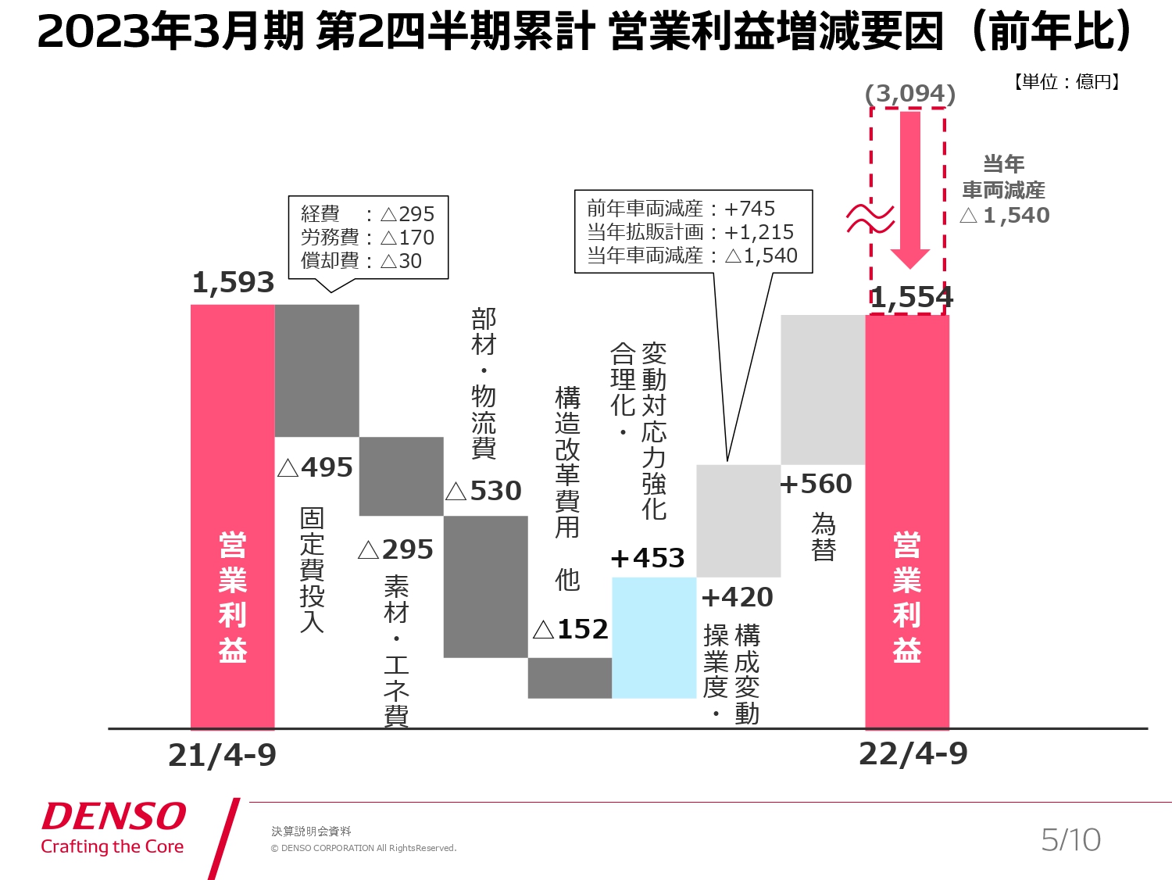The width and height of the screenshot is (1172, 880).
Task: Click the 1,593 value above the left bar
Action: pos(233,283)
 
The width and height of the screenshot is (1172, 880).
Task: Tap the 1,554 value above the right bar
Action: pos(912,298)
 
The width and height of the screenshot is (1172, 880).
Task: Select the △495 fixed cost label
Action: pos(316,467)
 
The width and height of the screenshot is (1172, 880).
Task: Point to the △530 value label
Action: pos(484,491)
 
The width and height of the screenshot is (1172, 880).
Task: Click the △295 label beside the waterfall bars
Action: pos(395,549)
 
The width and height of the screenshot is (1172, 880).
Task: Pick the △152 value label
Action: pos(570,629)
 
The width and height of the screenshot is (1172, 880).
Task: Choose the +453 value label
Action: pos(648,558)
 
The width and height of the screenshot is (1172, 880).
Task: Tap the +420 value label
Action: pos(737,597)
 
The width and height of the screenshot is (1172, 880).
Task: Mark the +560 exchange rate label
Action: pos(816,484)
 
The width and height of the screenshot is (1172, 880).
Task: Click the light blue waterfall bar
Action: pos(654,637)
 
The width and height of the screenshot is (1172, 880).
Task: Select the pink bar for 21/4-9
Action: pos(233,516)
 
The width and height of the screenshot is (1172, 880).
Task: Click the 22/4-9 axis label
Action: pos(913,754)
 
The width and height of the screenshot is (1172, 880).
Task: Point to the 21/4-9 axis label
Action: pos(223,756)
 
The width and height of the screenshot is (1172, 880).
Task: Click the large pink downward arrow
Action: pos(910,188)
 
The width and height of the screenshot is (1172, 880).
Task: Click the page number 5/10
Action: pos(1070,840)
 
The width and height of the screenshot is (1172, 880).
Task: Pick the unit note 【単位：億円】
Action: pos(1067,81)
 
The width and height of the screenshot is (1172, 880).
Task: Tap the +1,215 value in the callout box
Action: pos(759,232)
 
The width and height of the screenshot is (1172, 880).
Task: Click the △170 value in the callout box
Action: pos(407,238)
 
